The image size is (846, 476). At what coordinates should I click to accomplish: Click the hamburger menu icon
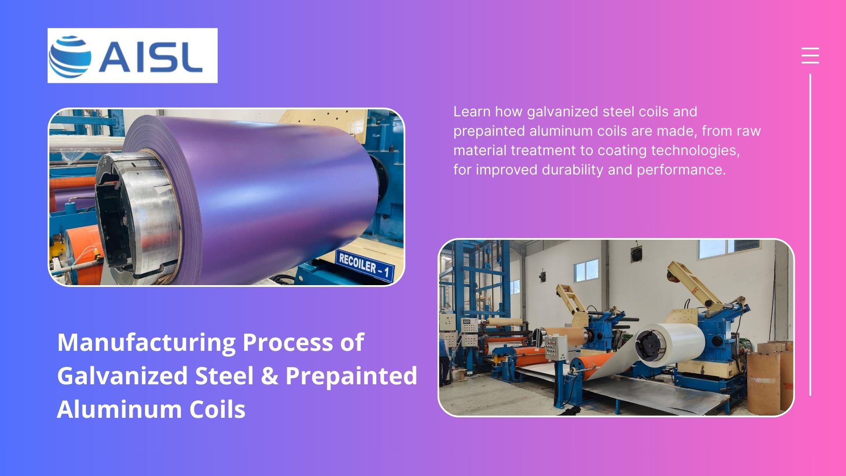pos(810,56)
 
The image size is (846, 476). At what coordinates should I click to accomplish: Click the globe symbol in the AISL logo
pos(70,56)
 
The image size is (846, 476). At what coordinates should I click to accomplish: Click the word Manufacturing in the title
pos(147,342)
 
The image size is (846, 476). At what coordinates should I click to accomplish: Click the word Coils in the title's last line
pos(217,409)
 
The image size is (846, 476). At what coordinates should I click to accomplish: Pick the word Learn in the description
pos(472,112)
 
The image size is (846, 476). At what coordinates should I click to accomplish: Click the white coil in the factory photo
pos(670,345)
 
